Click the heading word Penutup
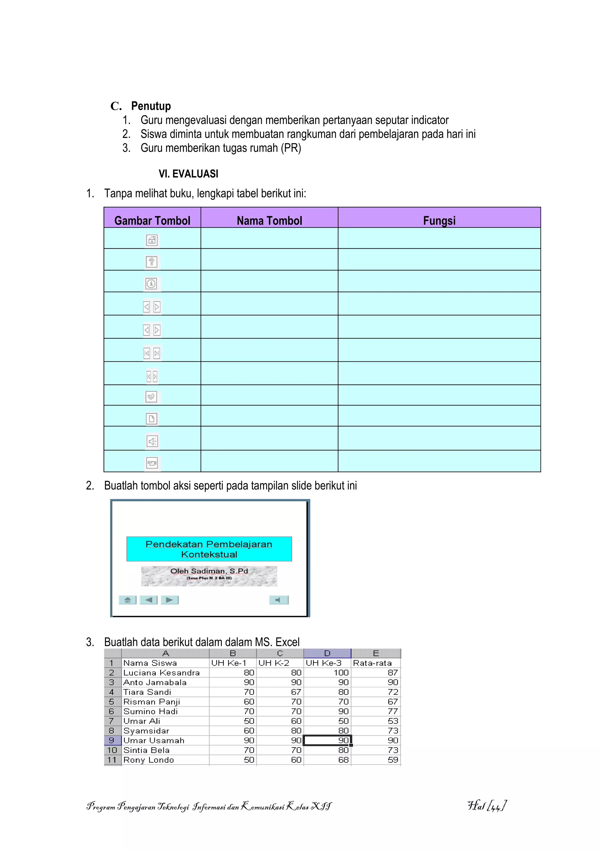[x=151, y=106]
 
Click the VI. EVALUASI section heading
[x=188, y=174]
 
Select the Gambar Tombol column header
[x=152, y=221]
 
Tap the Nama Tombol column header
[x=269, y=221]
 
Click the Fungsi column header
[x=439, y=221]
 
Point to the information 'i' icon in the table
[x=151, y=284]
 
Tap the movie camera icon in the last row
[x=152, y=463]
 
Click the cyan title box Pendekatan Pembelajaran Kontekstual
[x=209, y=549]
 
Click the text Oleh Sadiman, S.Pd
[x=209, y=571]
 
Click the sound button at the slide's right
[x=278, y=600]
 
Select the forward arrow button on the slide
[x=170, y=600]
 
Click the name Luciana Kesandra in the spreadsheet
[x=161, y=673]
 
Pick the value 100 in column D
[x=341, y=673]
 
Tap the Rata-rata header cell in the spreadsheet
[x=372, y=663]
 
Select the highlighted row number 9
[x=112, y=740]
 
